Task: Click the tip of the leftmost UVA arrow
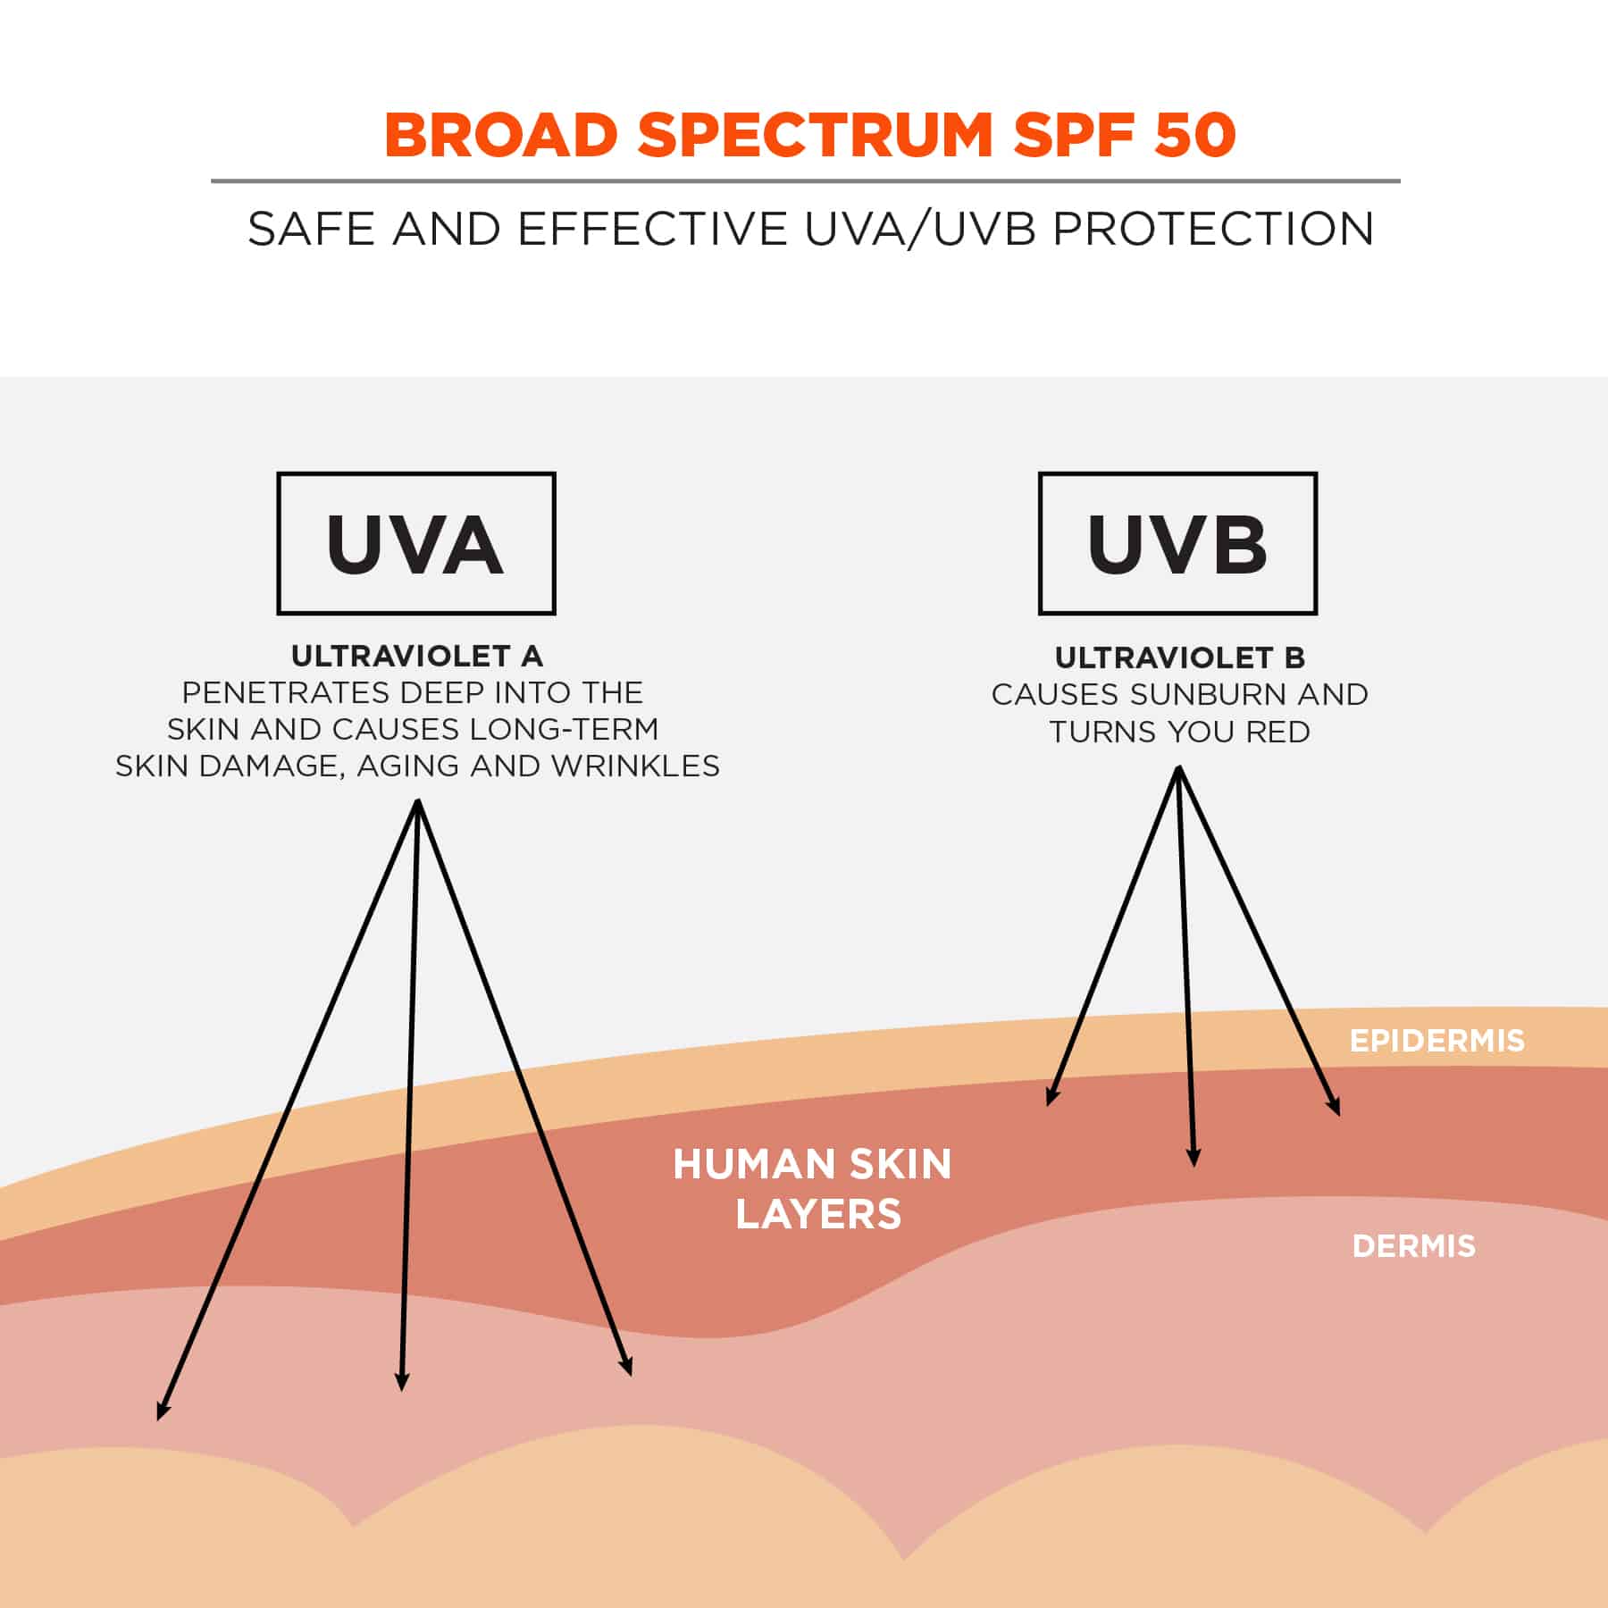tap(158, 1420)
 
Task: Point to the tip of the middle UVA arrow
tap(402, 1391)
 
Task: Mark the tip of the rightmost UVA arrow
tap(631, 1375)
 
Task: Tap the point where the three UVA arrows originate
tap(418, 800)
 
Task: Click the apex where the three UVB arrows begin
tap(1179, 766)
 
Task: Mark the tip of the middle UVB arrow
tap(1193, 1167)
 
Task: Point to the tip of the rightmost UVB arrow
tap(1339, 1116)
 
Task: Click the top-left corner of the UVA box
tap(278, 473)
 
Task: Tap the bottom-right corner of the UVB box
tap(1317, 614)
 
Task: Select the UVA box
tap(416, 543)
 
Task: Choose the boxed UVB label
tap(1177, 543)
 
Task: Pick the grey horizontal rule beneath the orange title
tap(805, 181)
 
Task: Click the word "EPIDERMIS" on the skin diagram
tap(1436, 1041)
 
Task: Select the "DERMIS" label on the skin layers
tap(1413, 1246)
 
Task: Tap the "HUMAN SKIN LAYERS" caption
tap(813, 1189)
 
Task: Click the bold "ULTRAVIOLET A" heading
tap(417, 656)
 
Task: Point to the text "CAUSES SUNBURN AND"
tap(1179, 694)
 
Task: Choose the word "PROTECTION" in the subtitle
tap(1213, 229)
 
